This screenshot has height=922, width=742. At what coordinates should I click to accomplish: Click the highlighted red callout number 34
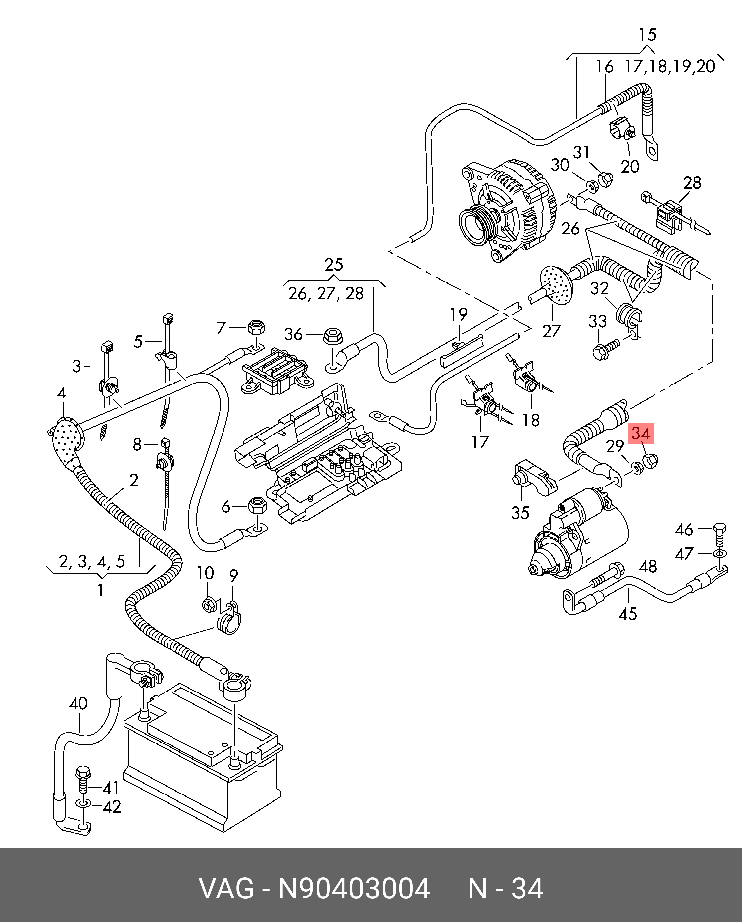641,434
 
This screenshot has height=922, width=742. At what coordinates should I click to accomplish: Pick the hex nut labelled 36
332,335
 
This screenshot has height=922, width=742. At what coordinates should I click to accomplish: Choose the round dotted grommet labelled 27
556,284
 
